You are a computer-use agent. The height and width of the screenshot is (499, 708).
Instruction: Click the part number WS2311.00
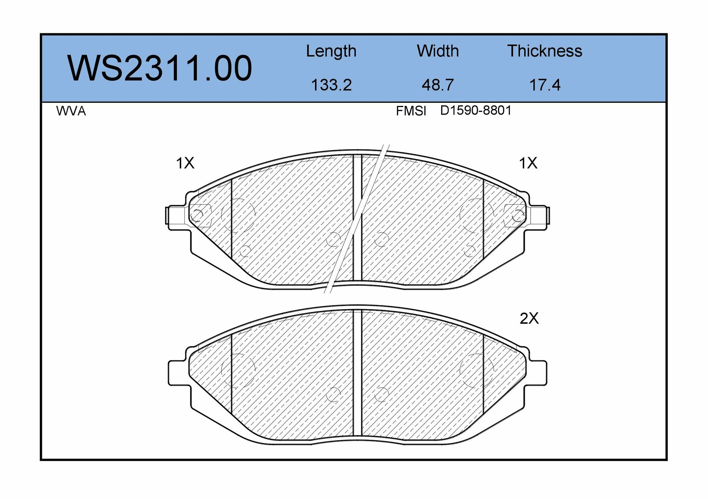(x=160, y=68)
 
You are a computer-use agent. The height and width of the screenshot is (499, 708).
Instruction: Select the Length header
(x=331, y=51)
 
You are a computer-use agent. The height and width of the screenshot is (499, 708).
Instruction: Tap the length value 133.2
(x=331, y=85)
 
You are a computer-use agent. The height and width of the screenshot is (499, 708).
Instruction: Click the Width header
(x=438, y=51)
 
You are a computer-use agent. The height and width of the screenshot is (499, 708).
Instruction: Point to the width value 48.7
(x=438, y=85)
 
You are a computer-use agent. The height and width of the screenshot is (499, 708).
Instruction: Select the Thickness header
(x=544, y=51)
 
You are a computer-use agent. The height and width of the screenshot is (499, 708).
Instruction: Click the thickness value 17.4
(x=544, y=85)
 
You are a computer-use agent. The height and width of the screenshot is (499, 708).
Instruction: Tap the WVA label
(x=71, y=111)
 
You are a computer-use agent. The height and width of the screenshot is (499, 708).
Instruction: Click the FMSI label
(x=411, y=111)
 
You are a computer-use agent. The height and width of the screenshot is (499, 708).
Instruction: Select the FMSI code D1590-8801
(x=476, y=110)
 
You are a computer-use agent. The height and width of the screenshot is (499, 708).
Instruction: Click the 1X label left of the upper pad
(x=185, y=163)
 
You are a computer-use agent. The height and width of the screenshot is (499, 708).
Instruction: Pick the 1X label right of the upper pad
(x=528, y=163)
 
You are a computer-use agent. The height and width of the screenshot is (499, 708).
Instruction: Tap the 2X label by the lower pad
(x=529, y=319)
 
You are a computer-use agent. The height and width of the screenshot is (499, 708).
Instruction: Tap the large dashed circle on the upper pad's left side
(x=238, y=215)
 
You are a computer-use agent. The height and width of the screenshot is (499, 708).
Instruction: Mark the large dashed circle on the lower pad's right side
(x=476, y=369)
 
